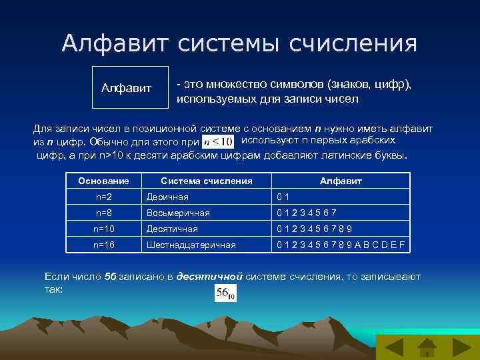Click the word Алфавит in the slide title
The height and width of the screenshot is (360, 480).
[x=117, y=44]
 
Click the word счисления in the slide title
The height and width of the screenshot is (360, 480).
[x=353, y=44]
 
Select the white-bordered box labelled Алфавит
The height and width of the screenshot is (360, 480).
[x=131, y=87]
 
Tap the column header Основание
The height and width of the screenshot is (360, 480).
[x=103, y=181]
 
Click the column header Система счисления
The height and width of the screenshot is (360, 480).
[x=207, y=181]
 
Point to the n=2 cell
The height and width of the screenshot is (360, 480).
[x=103, y=197]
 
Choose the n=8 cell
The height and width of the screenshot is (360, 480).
[x=103, y=213]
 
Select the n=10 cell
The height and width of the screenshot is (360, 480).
[x=103, y=229]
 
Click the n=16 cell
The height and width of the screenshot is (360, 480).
[x=103, y=245]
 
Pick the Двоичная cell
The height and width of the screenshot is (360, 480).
[x=167, y=197]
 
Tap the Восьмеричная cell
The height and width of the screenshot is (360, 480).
[x=178, y=213]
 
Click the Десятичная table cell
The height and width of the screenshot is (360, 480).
[x=172, y=229]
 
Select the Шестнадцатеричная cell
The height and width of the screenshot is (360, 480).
[x=191, y=245]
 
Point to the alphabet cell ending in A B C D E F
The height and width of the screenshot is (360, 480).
[x=341, y=245]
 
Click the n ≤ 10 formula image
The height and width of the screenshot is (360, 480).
[x=217, y=141]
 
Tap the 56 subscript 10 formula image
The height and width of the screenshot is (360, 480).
[x=225, y=293]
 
